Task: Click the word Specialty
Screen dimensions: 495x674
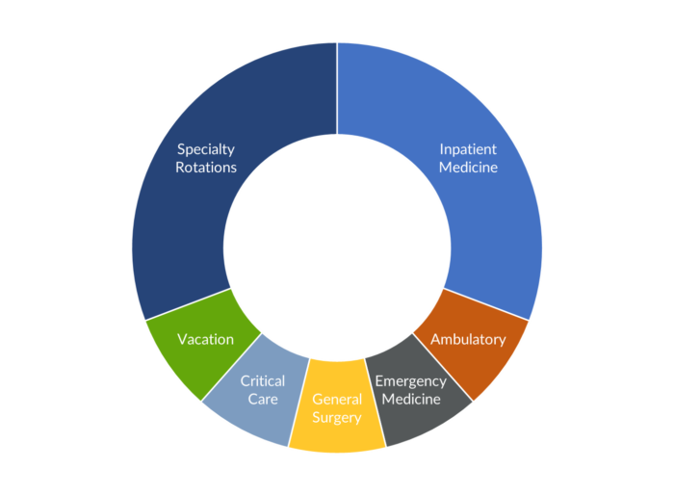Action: [206, 149]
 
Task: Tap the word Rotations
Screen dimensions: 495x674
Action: [206, 167]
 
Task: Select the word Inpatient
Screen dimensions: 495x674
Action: [469, 149]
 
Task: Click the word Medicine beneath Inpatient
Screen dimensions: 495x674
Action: [469, 167]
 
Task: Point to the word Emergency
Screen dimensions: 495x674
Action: [410, 381]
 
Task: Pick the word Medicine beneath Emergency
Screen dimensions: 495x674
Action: [410, 399]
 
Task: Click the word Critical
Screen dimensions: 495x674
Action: [262, 381]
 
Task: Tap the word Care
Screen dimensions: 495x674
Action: [262, 399]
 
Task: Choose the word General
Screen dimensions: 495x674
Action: [337, 399]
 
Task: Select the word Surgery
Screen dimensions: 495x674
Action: [337, 417]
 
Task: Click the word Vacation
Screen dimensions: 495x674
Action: [205, 339]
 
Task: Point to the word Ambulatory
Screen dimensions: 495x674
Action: [468, 339]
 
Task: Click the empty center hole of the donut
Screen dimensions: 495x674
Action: [337, 247]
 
